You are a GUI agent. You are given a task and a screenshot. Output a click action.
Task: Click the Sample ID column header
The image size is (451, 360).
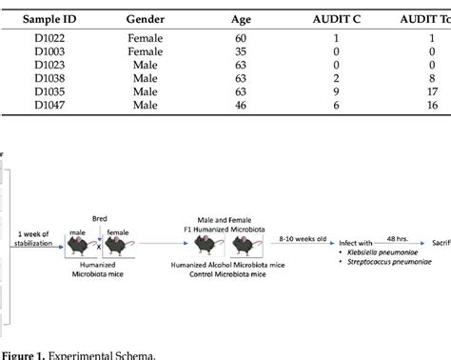[46, 19]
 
